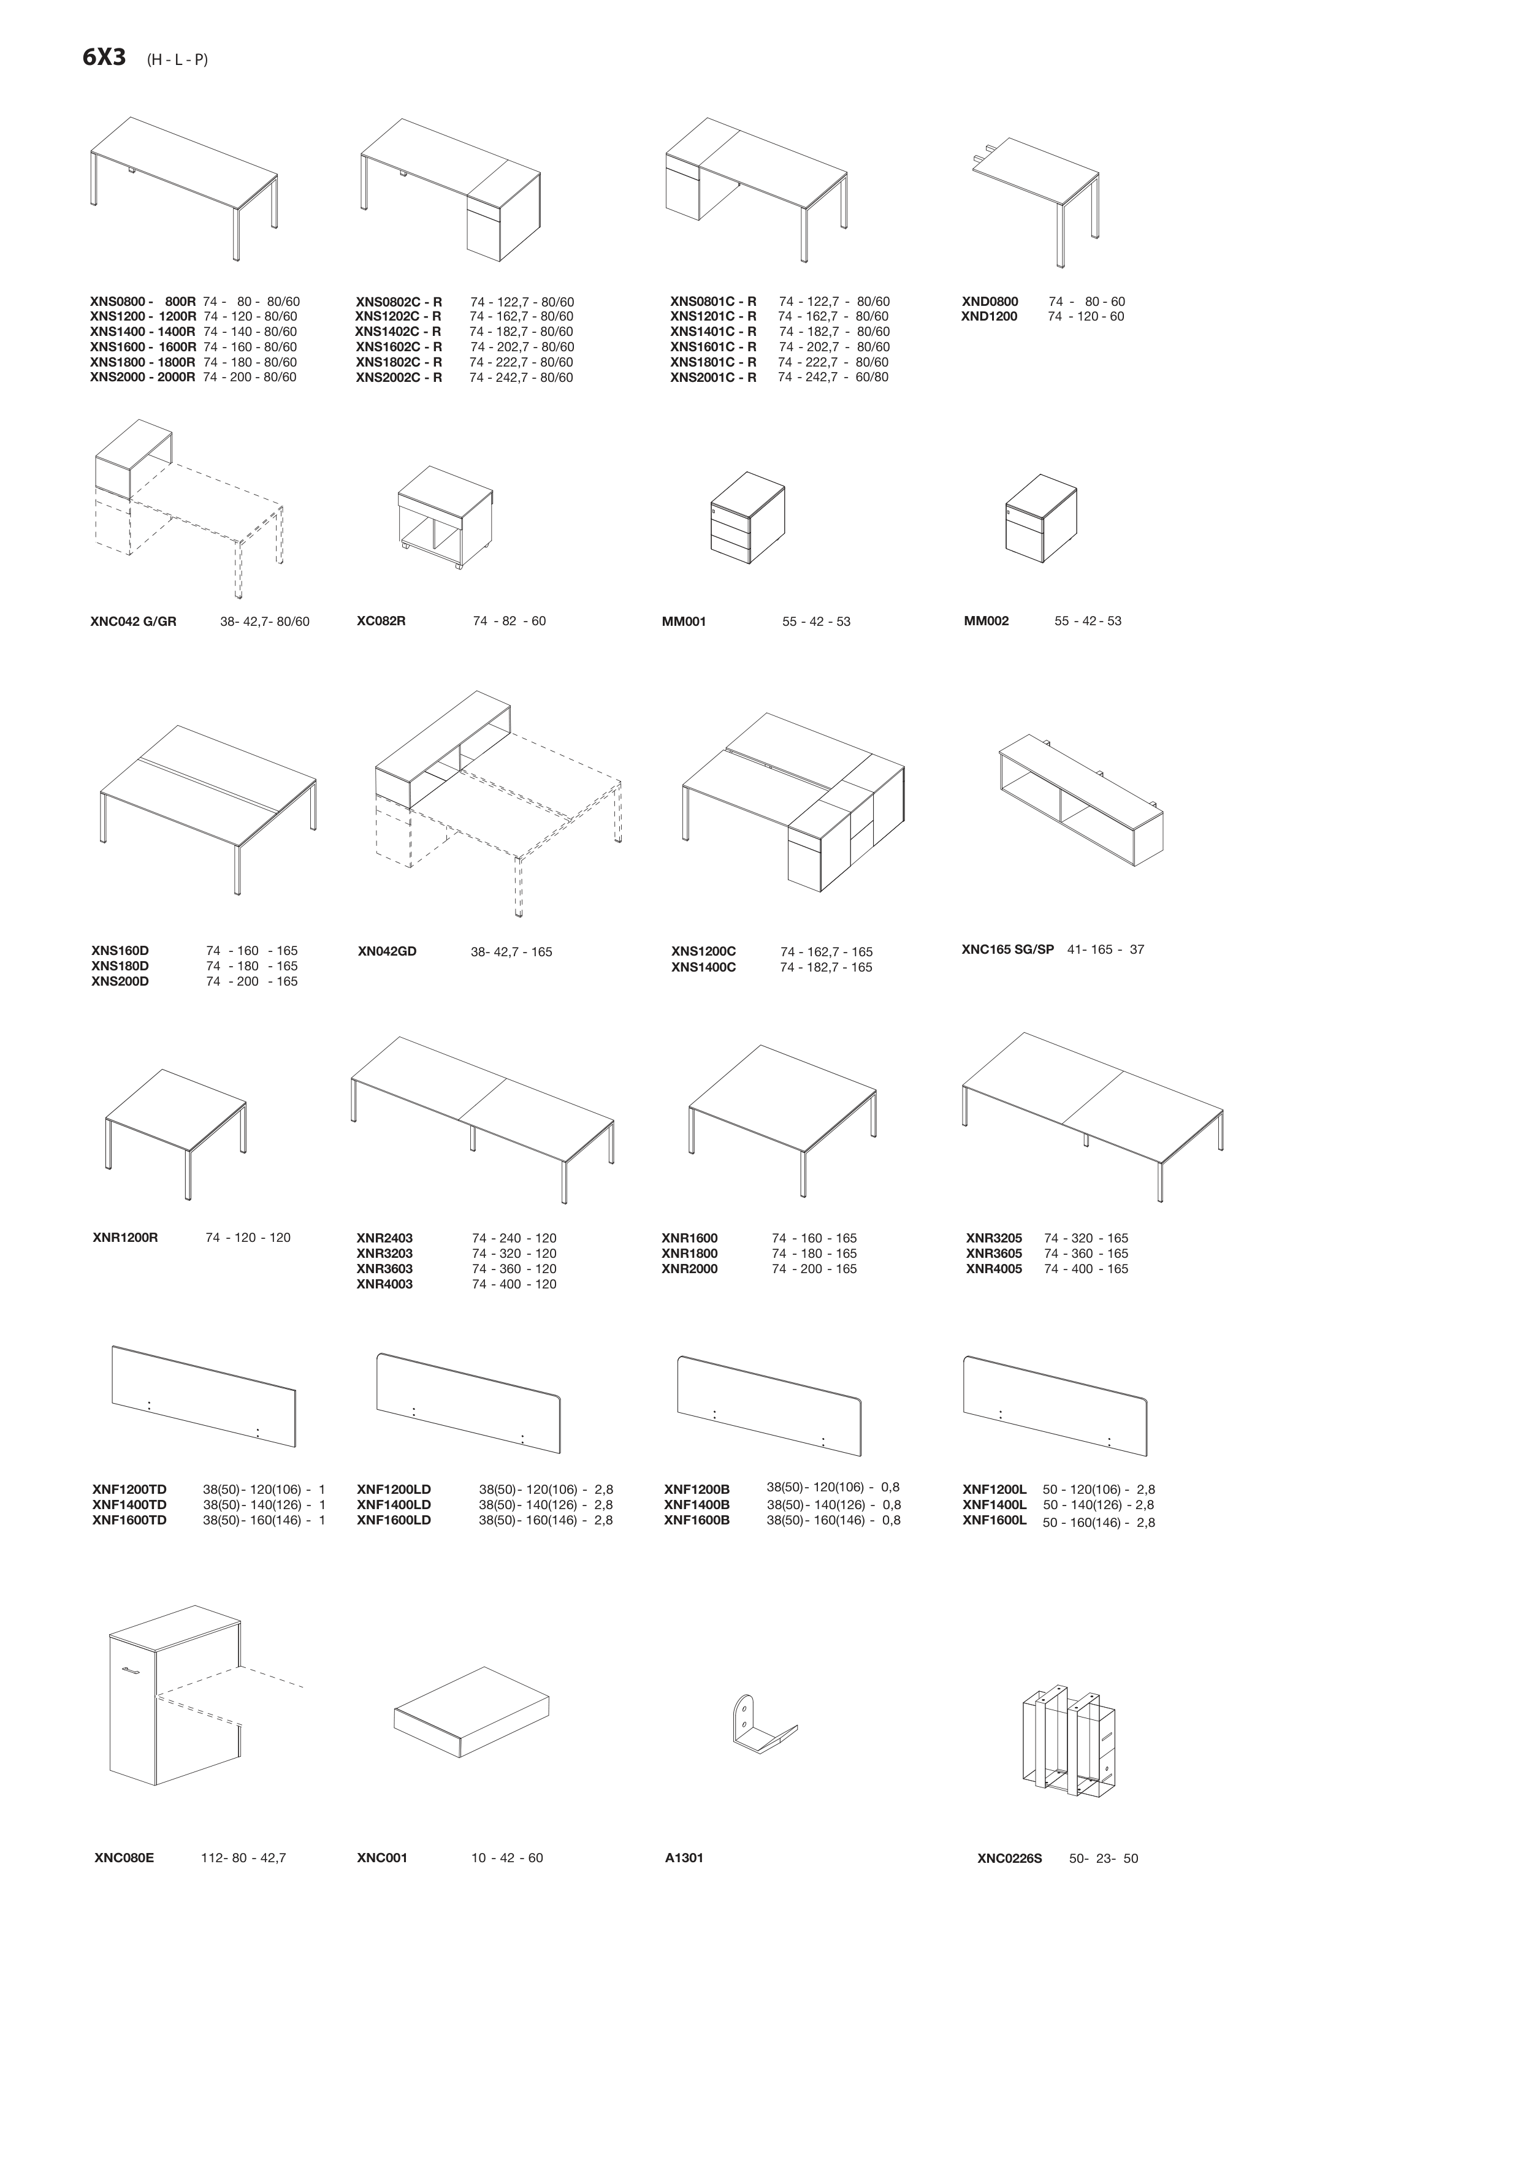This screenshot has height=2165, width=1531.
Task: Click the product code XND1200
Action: (x=990, y=317)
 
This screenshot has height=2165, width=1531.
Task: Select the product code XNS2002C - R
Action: (x=399, y=378)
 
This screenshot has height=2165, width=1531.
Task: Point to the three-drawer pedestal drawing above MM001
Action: (x=747, y=518)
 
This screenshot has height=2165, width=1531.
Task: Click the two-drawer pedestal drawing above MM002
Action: (x=1042, y=518)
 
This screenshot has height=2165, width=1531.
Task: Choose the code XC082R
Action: (x=381, y=622)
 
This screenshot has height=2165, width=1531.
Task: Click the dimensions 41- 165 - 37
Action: (x=1105, y=949)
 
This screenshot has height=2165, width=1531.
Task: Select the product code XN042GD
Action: (x=387, y=951)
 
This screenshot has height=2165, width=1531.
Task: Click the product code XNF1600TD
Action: (x=129, y=1520)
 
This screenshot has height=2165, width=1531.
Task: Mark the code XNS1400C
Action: (x=704, y=967)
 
